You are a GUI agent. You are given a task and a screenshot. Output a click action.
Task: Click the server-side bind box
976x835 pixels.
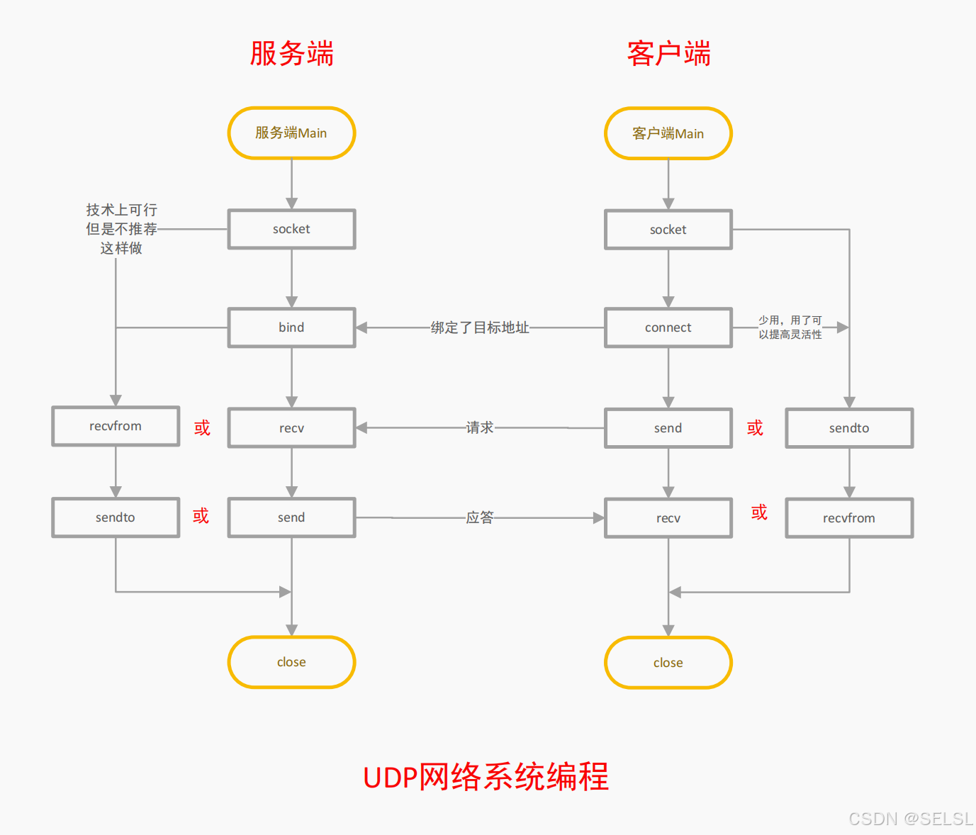tap(291, 327)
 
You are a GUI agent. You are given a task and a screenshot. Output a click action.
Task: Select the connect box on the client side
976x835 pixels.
tap(668, 327)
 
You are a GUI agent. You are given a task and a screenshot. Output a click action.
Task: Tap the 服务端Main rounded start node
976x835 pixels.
tap(291, 133)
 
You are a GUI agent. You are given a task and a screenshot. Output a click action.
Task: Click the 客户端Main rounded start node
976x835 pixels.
tap(668, 134)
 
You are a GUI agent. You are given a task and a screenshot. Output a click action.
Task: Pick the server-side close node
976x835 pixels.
tap(291, 662)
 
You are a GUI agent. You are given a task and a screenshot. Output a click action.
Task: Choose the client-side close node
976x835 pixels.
tap(668, 663)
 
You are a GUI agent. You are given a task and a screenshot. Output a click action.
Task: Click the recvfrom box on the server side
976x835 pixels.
tap(116, 426)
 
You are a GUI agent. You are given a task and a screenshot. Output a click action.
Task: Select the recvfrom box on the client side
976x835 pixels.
tap(849, 518)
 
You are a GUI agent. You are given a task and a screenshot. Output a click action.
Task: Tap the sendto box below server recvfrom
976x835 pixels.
tap(116, 517)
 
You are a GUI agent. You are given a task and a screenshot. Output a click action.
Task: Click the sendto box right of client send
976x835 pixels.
tap(849, 428)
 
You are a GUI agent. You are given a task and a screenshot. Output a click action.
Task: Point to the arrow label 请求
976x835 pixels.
tap(480, 427)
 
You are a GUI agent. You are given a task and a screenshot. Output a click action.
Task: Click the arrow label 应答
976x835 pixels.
tap(480, 517)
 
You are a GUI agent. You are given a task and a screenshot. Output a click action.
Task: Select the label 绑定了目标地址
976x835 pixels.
tap(480, 327)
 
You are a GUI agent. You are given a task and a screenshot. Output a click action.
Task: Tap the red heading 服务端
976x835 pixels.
tap(291, 54)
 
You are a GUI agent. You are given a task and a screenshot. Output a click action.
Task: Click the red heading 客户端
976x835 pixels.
tap(668, 54)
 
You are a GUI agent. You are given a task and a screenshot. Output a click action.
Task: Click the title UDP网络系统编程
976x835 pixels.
tap(486, 777)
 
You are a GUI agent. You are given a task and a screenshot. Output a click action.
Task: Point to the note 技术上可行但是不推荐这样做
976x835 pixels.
tap(121, 229)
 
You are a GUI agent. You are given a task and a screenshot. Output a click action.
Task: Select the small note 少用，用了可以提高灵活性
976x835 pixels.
tap(790, 327)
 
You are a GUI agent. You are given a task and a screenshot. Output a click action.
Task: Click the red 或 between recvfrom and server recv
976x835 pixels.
tap(202, 427)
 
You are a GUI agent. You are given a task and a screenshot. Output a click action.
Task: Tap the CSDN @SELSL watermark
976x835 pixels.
tap(910, 819)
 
